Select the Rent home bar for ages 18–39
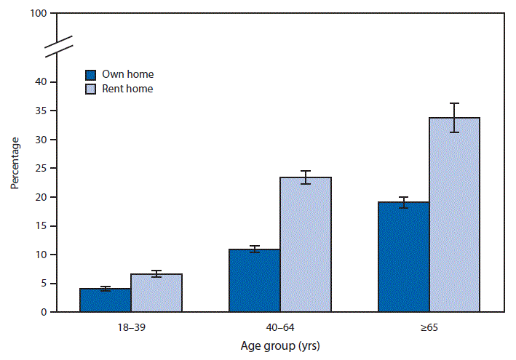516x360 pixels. tap(156, 293)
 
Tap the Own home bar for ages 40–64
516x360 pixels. tap(254, 281)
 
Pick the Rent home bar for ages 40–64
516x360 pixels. tap(305, 244)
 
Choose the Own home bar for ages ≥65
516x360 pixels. tap(403, 257)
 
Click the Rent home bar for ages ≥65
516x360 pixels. tap(454, 215)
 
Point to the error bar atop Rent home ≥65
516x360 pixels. tap(454, 118)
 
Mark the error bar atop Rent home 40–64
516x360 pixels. tap(305, 177)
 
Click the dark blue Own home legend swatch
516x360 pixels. tap(91, 75)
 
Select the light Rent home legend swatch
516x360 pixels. tap(91, 89)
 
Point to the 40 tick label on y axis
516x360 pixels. tap(41, 82)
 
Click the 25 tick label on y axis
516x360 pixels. tap(41, 168)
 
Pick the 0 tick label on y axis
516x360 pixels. tap(44, 312)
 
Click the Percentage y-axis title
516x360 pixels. tap(15, 163)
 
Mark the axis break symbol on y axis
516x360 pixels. tap(58, 46)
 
